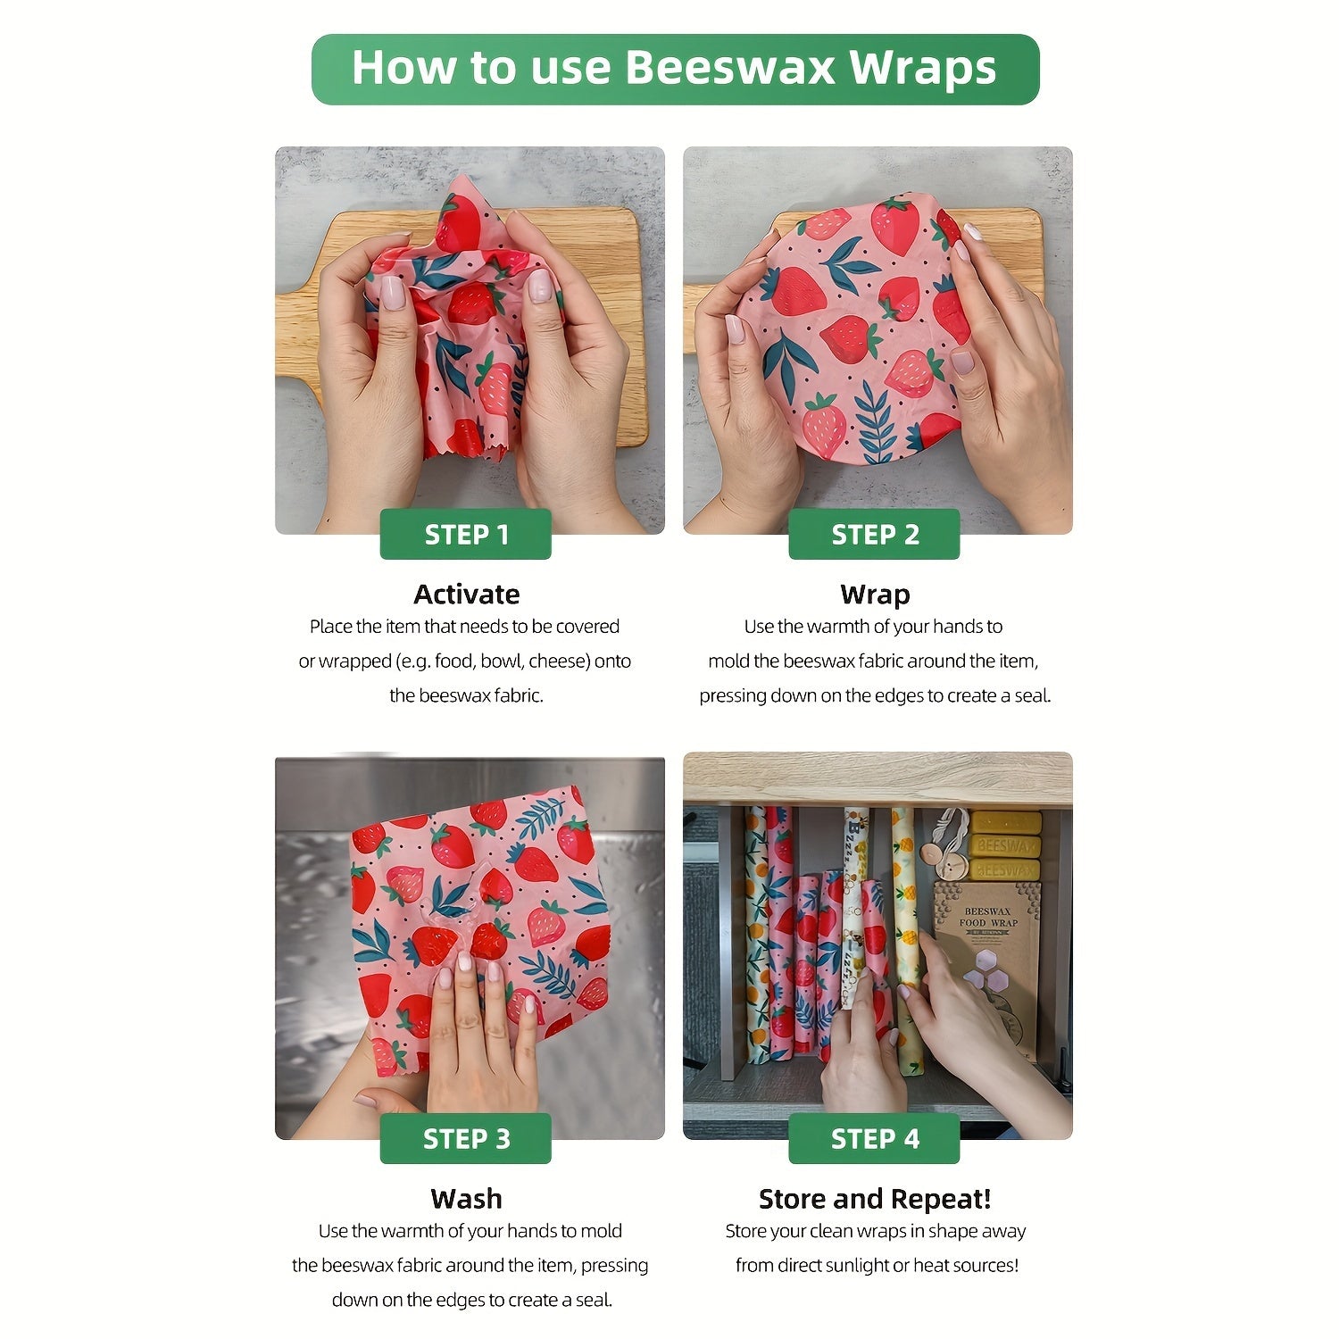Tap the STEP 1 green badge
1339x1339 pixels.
click(x=465, y=535)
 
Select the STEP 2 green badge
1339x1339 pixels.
click(x=874, y=535)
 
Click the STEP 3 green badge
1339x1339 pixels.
click(x=465, y=1139)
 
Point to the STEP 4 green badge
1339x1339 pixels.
click(x=874, y=1139)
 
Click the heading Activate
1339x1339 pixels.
click(x=466, y=595)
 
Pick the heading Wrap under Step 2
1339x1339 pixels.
click(x=875, y=595)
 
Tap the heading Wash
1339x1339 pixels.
click(x=466, y=1199)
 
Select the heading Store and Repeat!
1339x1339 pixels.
click(x=875, y=1199)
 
